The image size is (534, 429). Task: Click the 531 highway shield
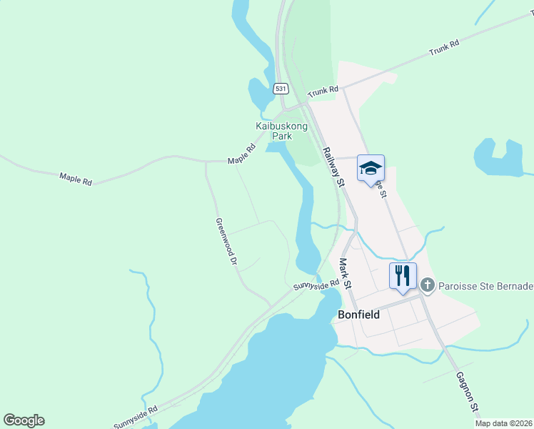tap(282, 89)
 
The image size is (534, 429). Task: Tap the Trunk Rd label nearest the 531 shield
tap(323, 91)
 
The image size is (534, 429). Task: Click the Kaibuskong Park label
tap(282, 131)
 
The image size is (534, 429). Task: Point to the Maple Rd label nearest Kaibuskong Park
tap(242, 155)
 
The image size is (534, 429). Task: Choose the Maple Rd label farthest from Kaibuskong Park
tap(76, 178)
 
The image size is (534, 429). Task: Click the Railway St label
tap(333, 167)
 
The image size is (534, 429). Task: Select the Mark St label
tap(346, 274)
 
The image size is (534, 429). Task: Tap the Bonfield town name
tap(358, 314)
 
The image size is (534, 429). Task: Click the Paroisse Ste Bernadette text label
tap(485, 286)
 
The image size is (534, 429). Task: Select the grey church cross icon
tap(427, 286)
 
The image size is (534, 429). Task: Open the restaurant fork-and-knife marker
tap(403, 275)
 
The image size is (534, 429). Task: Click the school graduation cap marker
tap(371, 168)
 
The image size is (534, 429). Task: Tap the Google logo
tap(24, 420)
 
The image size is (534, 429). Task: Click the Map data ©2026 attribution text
tap(503, 423)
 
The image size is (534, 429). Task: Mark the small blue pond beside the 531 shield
tap(259, 93)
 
